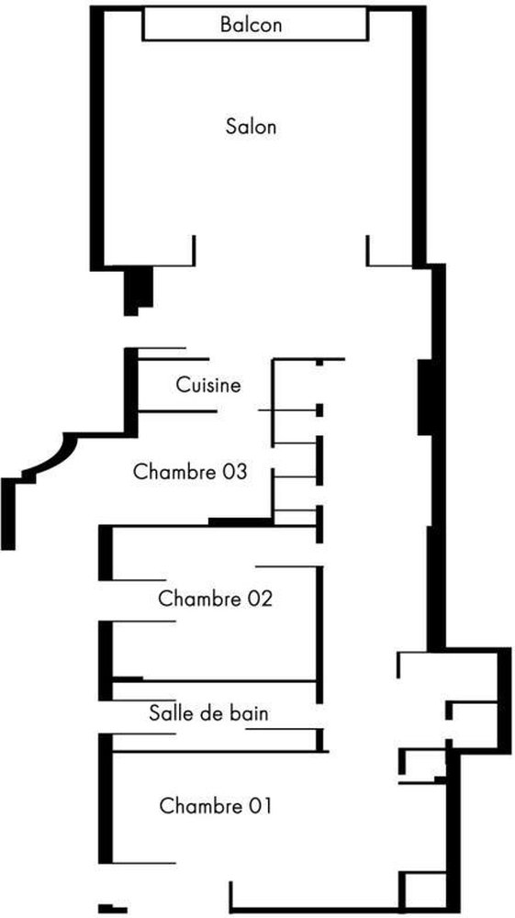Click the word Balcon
[251, 25]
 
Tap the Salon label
[251, 127]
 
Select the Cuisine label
[208, 386]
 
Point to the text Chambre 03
[190, 472]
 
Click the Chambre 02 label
[216, 599]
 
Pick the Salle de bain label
[208, 713]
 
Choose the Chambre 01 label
[216, 806]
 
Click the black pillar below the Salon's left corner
[138, 290]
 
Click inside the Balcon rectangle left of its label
[182, 25]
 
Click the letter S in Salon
[230, 127]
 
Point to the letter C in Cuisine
[183, 386]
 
